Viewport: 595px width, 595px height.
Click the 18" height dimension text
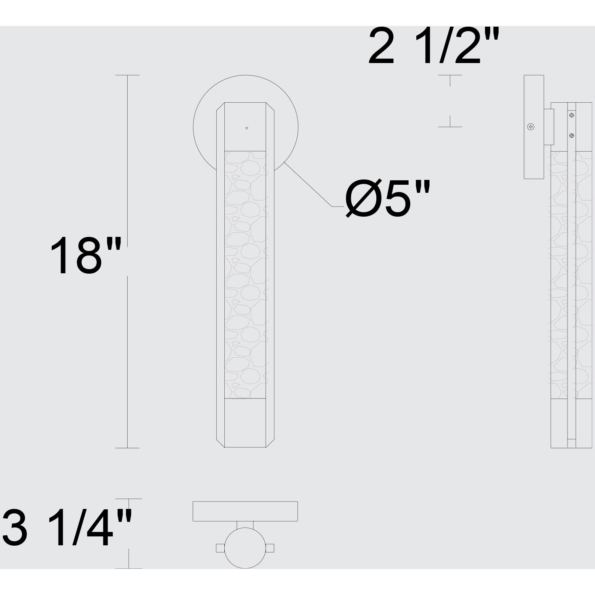[86, 256]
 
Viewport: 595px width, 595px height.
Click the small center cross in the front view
[247, 128]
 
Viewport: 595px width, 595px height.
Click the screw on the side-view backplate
[531, 127]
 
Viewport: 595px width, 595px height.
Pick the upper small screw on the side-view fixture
[572, 116]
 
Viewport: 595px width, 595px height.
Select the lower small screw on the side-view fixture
[572, 135]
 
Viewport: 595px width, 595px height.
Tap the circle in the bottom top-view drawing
[245, 548]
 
